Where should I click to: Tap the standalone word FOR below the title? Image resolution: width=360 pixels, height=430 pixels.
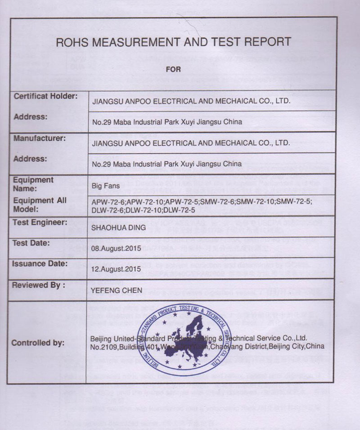pos(173,69)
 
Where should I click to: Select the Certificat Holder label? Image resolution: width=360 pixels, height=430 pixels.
pos(45,96)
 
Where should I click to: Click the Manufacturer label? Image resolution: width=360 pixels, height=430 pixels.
pos(40,138)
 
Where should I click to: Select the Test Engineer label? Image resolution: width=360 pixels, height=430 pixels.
pos(40,222)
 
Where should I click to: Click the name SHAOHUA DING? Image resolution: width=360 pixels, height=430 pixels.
pos(118,228)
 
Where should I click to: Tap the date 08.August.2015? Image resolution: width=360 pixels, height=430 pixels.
pos(117,248)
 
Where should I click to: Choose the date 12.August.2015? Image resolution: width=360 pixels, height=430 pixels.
pos(117,269)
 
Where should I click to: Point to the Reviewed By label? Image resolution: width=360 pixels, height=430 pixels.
pos(38,285)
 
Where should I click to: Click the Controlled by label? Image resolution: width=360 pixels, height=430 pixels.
pos(38,343)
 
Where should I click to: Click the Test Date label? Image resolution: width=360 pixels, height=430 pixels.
pos(33,243)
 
